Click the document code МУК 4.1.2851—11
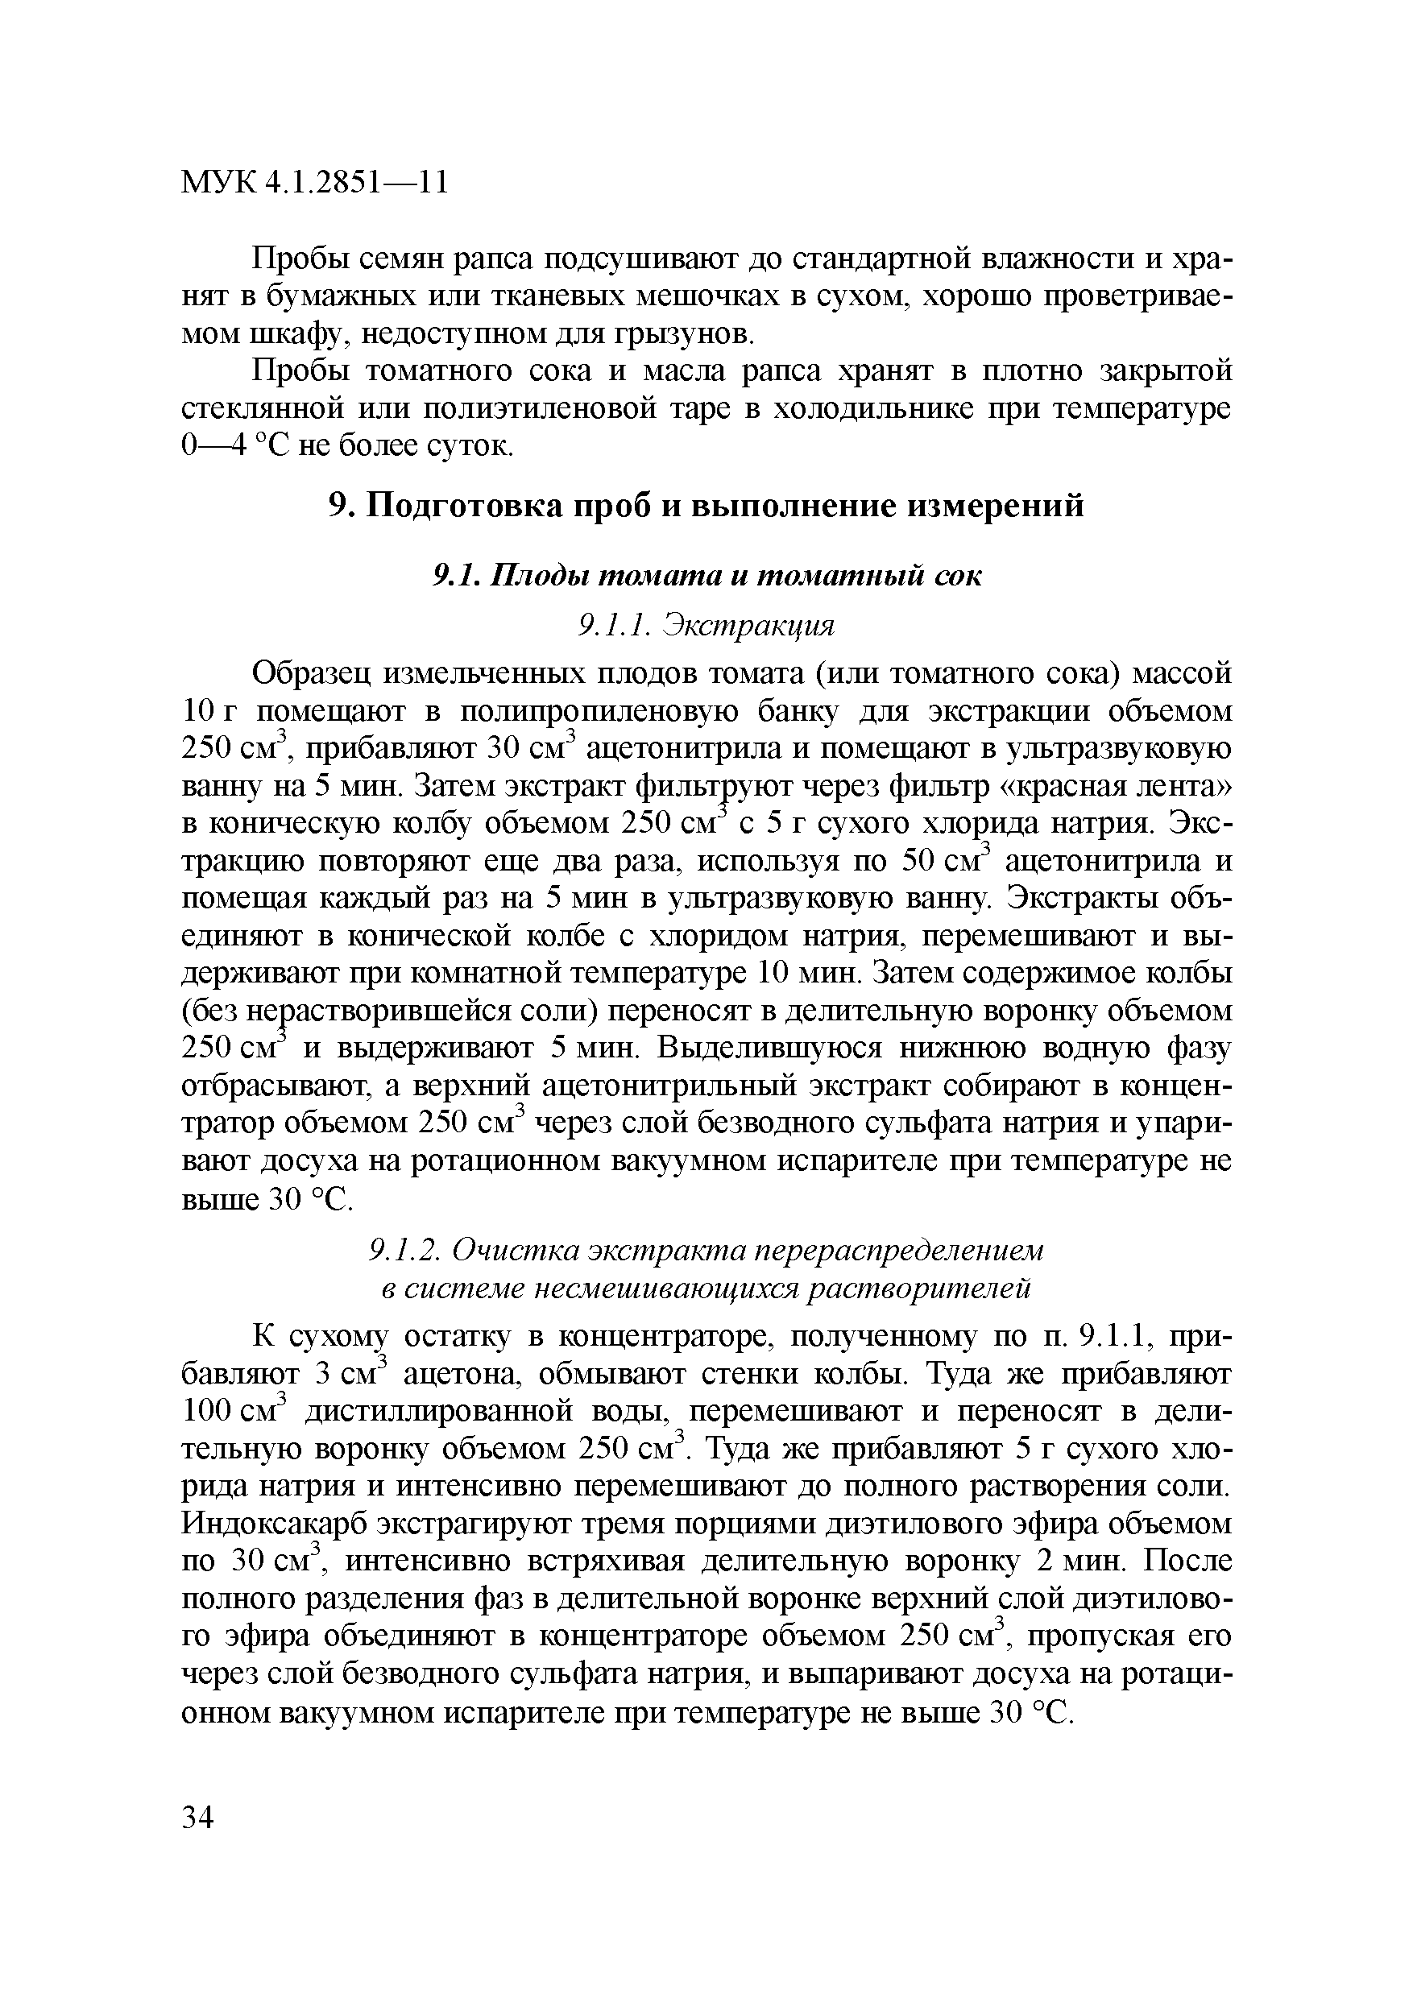tap(314, 183)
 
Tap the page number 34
tap(198, 1818)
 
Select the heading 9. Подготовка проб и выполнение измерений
tap(706, 506)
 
